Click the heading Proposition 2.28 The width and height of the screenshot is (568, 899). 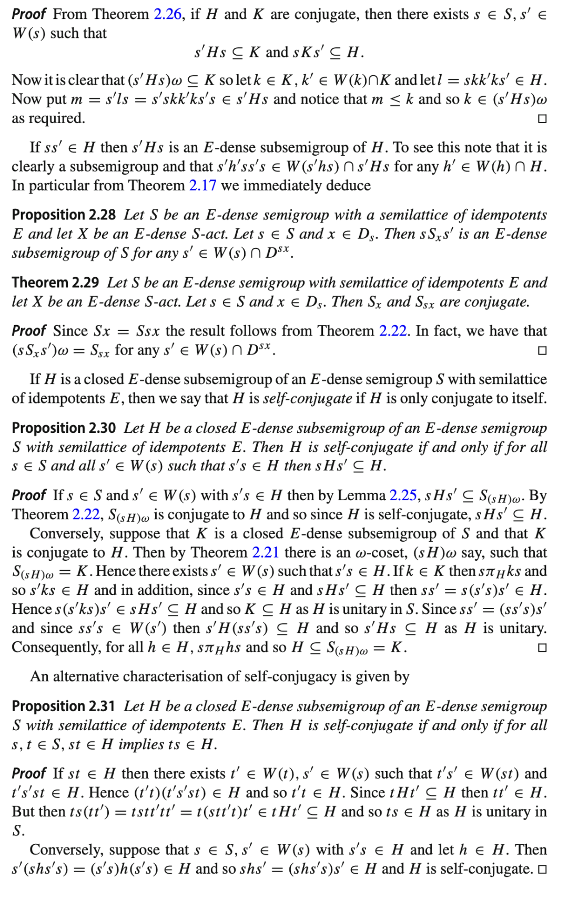click(x=64, y=215)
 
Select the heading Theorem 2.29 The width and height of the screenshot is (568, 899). click(x=55, y=283)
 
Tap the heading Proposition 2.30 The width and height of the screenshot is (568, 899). click(x=64, y=428)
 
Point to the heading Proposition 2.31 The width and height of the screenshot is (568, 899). click(x=64, y=706)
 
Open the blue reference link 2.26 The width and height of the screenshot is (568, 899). click(x=167, y=14)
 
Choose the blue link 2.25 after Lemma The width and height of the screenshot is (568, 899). click(x=403, y=496)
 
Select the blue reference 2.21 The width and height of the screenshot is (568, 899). click(x=265, y=553)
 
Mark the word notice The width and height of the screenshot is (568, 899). click(x=328, y=99)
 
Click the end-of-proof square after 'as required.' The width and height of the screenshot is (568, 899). click(x=542, y=119)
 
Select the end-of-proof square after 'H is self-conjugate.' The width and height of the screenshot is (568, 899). click(x=542, y=870)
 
